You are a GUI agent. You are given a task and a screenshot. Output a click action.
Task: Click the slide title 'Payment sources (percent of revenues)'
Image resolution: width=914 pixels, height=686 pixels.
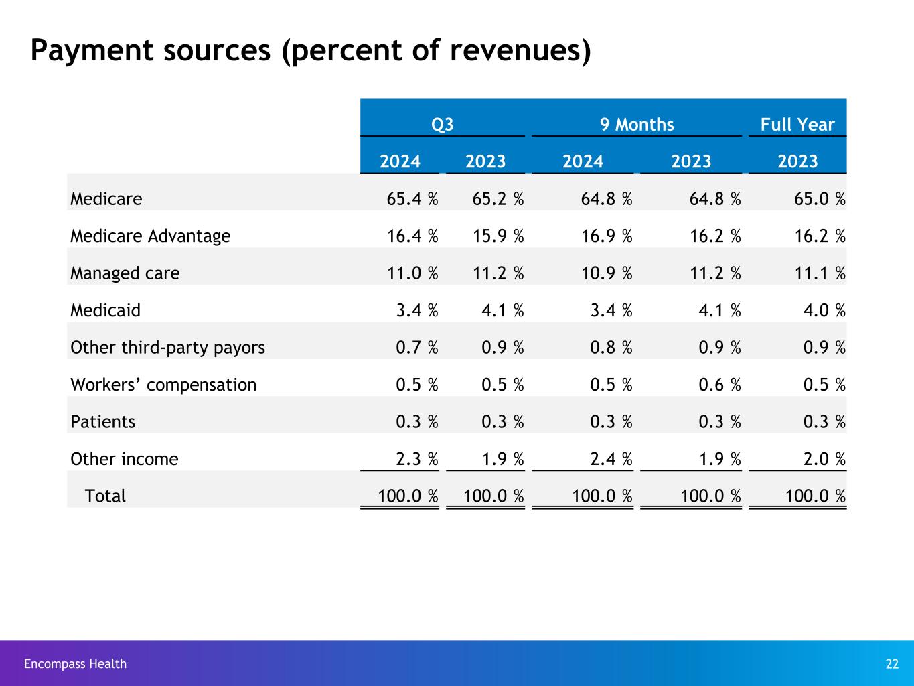pos(311,52)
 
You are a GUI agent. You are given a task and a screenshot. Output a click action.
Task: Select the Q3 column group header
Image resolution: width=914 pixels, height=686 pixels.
pos(442,125)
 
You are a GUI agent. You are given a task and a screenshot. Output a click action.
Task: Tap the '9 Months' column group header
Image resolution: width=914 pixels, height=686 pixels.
pos(637,125)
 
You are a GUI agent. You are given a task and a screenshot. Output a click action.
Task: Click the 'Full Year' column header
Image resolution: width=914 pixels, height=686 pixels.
pos(797,125)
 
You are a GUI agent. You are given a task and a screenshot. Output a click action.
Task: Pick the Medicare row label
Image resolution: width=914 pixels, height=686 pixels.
pos(106,199)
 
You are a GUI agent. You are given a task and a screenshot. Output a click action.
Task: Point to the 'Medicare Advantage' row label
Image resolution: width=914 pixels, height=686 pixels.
pos(151,236)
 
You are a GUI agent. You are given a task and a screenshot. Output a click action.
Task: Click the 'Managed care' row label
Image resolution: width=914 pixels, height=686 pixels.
pos(125,273)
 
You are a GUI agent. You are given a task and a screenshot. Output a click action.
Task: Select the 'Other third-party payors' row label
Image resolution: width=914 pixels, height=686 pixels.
pos(168,348)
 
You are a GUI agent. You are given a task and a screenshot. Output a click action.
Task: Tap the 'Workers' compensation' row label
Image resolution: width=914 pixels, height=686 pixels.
pos(163,385)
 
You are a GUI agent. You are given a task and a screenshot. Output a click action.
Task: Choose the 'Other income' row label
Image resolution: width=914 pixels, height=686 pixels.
pos(125,459)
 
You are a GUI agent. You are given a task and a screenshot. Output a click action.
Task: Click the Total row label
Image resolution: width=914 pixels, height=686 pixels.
pos(105,496)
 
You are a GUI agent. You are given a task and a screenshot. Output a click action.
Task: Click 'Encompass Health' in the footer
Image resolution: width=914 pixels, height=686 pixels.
pos(75,664)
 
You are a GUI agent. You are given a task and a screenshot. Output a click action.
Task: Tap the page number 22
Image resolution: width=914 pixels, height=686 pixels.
pos(892,664)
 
